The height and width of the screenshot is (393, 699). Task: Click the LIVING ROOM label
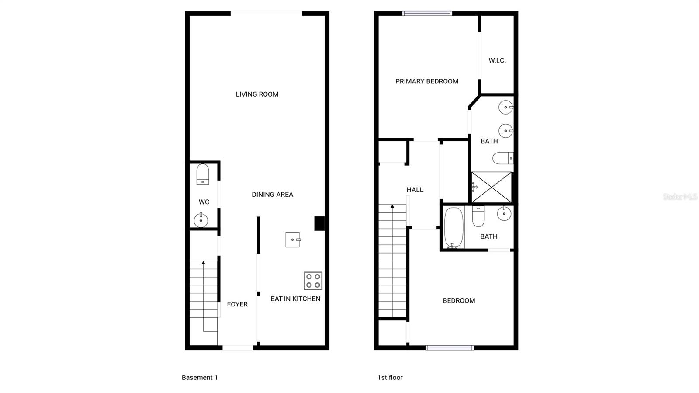coord(257,94)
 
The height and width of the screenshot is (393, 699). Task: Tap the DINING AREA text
coord(272,195)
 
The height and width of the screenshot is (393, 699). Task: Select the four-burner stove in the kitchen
coord(313,281)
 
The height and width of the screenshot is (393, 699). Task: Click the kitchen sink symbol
coord(293,240)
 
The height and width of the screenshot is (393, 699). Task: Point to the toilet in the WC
coord(203,174)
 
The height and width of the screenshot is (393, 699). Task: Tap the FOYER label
coord(237,304)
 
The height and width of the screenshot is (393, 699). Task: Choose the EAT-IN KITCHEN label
coord(295,299)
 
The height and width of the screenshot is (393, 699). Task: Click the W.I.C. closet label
coord(497,60)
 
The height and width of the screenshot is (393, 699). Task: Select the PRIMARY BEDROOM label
coord(427,81)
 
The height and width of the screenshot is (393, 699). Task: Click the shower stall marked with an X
coord(491,187)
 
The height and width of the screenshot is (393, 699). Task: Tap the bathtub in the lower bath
coord(453,228)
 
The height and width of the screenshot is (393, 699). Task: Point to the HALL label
coord(415,190)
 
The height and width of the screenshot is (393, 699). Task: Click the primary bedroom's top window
coord(427,14)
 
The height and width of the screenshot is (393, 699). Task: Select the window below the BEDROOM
coord(450,348)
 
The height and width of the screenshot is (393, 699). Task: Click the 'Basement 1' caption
coord(200,377)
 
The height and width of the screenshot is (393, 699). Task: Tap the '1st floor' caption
coord(390,377)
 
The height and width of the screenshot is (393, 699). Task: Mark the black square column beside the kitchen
coord(319,223)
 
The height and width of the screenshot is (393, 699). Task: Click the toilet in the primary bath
coord(502,158)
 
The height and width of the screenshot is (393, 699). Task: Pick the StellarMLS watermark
coord(680,197)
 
